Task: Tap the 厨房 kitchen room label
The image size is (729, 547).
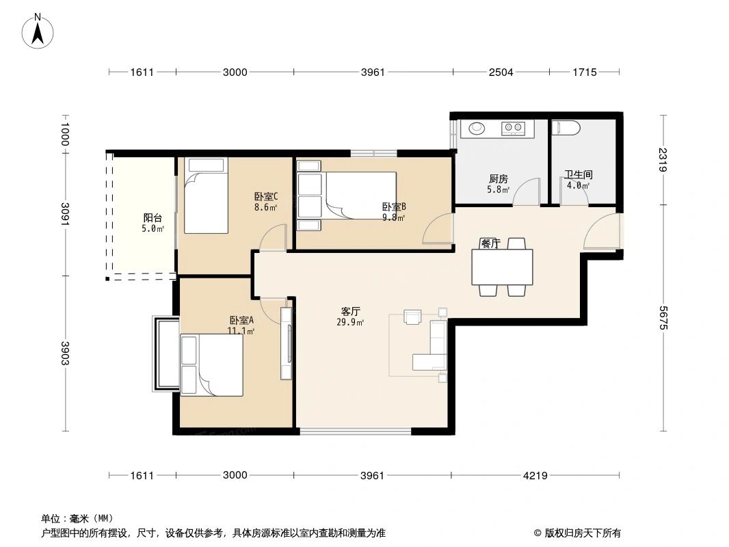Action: coord(498,179)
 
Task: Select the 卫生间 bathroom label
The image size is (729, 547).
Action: coord(578,175)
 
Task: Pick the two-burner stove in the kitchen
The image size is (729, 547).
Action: coord(513,127)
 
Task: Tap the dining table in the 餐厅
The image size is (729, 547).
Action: coord(503,267)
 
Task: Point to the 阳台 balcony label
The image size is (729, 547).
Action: coord(153,218)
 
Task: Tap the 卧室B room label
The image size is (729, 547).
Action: coord(394,206)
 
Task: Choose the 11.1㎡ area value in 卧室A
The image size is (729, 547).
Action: coord(241,332)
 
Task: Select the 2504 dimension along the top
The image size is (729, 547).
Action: coord(501,72)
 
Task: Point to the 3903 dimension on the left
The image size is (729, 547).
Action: coord(66,353)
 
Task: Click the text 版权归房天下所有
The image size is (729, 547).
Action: coord(582,533)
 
